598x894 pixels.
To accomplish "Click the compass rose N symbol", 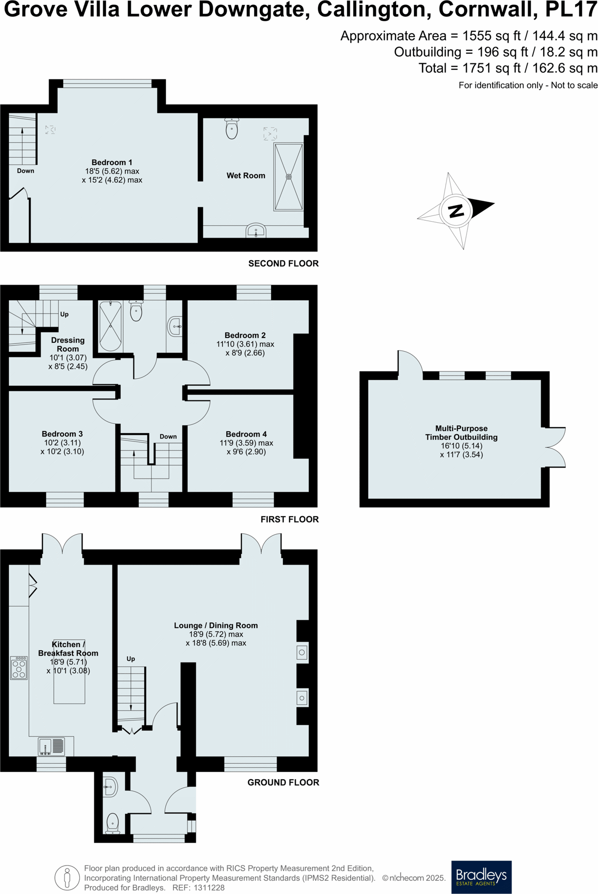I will click(x=455, y=211).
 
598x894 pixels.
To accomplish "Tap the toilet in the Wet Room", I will click(x=232, y=128).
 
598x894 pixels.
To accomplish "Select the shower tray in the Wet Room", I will click(x=288, y=177).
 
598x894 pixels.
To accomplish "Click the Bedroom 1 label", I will click(x=112, y=162).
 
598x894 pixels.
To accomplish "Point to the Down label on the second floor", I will click(x=25, y=170).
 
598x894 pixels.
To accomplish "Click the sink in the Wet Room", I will click(x=256, y=230).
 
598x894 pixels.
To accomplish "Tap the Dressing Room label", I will click(x=68, y=344).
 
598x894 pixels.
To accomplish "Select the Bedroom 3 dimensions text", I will click(x=62, y=447).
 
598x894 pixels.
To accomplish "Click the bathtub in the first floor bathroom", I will click(x=110, y=326).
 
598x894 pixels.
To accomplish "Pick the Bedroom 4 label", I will click(x=246, y=434).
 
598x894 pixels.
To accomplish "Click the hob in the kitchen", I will click(x=19, y=667).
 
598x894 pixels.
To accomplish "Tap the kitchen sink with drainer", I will click(x=52, y=746).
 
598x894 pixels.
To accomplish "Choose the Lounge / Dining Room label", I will click(x=216, y=625).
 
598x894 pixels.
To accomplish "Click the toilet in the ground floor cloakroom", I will click(x=112, y=823).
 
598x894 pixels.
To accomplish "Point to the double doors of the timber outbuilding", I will click(x=555, y=447).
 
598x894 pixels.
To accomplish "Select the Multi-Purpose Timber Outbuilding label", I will click(x=461, y=433).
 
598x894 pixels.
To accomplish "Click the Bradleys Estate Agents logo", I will click(x=481, y=877).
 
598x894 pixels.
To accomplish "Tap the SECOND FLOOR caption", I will click(x=283, y=264).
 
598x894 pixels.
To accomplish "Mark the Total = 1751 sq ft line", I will click(x=508, y=68).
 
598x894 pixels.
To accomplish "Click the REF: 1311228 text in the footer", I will click(x=198, y=888).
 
